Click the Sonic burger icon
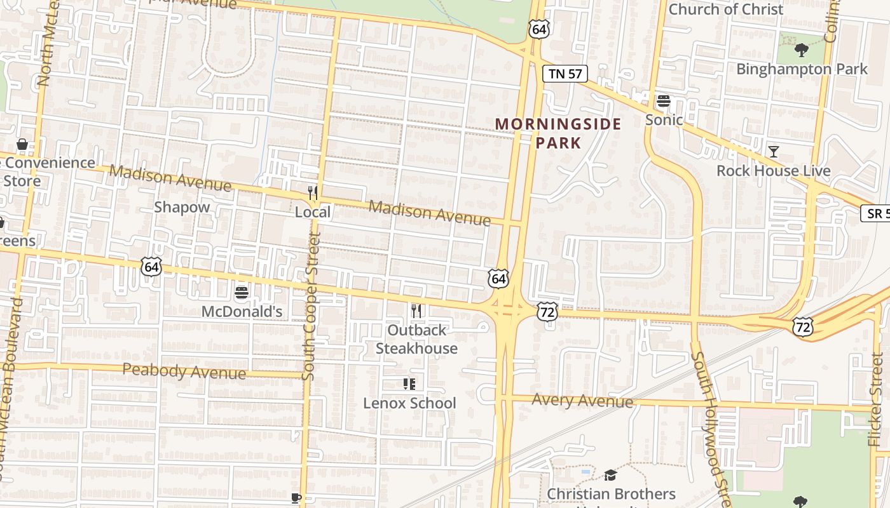tap(664, 101)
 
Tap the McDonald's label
tap(242, 312)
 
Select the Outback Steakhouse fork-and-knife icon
tap(416, 311)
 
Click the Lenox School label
tap(409, 403)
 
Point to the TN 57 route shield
tap(565, 74)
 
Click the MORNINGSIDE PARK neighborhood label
tap(558, 133)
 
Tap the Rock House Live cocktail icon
tap(773, 151)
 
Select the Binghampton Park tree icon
tap(801, 50)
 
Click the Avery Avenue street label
tap(582, 401)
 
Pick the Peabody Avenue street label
tap(184, 371)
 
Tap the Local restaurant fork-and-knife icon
tap(312, 192)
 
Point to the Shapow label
tap(182, 207)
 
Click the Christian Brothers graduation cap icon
tap(610, 475)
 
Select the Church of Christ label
tap(726, 9)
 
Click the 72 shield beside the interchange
tap(547, 311)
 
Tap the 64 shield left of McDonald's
tap(151, 266)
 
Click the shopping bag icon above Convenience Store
tap(22, 144)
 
